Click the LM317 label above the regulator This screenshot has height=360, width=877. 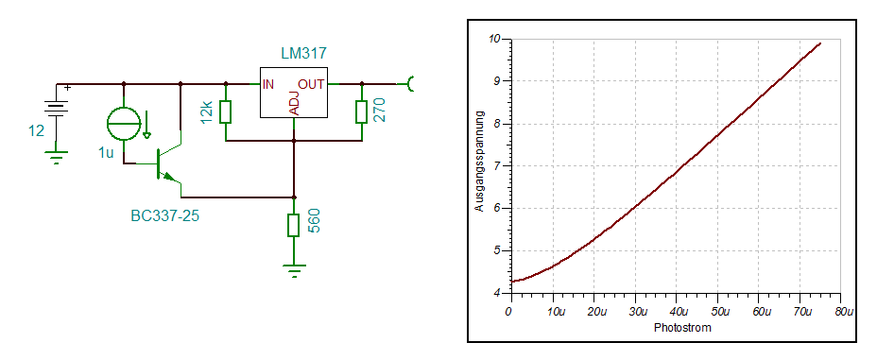[303, 54]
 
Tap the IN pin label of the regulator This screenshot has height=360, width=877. [268, 84]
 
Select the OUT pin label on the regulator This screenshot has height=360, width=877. [311, 84]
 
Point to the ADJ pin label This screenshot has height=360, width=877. [295, 103]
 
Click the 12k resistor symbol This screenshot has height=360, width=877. [226, 111]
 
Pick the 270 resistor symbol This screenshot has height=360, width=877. [362, 111]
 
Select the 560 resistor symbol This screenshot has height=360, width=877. [294, 225]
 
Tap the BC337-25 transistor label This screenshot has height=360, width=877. [165, 215]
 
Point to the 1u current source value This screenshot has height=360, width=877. [106, 153]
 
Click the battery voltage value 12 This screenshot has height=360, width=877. [36, 130]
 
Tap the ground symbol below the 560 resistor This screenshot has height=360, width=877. [294, 270]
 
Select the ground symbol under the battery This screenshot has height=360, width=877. [56, 158]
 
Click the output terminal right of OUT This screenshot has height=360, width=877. [410, 84]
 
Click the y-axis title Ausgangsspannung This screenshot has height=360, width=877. [479, 161]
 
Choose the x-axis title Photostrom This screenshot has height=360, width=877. [682, 328]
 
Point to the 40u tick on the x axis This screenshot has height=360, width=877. [677, 312]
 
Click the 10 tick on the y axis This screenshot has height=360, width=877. [495, 39]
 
